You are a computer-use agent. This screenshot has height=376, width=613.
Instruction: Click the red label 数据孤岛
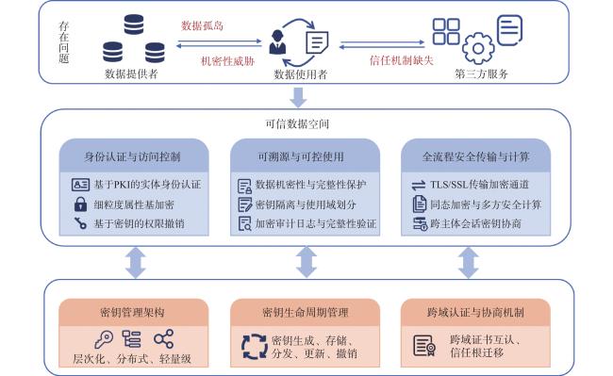click(x=202, y=25)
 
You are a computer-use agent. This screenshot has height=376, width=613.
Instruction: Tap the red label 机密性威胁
click(x=227, y=61)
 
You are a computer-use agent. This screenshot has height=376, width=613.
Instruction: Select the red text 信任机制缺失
click(x=402, y=60)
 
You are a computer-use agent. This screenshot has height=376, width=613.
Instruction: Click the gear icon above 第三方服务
click(x=478, y=48)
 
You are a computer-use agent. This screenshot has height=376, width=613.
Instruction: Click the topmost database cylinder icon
click(x=134, y=25)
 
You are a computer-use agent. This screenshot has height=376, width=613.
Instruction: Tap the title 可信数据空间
click(x=297, y=123)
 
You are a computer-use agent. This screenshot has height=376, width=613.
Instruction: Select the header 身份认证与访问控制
click(x=133, y=157)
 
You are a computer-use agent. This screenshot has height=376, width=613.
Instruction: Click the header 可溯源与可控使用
click(x=301, y=157)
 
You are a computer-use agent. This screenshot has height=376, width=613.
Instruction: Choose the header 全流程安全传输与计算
click(x=475, y=157)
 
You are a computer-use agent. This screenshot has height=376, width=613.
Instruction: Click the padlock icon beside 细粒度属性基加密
click(x=80, y=204)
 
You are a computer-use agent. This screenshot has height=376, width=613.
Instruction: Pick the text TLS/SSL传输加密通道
click(x=480, y=185)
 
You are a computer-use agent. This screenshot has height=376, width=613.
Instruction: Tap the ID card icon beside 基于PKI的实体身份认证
click(x=80, y=185)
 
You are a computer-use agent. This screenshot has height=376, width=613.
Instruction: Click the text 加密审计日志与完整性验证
click(x=316, y=223)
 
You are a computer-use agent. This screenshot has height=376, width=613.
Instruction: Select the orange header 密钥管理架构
click(x=133, y=312)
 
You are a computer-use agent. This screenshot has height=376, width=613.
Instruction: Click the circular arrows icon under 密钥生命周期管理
click(x=254, y=347)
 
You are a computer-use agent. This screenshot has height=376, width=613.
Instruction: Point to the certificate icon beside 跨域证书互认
click(x=424, y=346)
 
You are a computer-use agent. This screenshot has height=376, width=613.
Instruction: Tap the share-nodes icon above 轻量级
click(x=163, y=338)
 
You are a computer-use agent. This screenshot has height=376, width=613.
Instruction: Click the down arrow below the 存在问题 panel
click(x=298, y=97)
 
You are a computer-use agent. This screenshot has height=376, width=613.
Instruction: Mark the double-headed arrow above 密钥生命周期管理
click(x=306, y=262)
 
